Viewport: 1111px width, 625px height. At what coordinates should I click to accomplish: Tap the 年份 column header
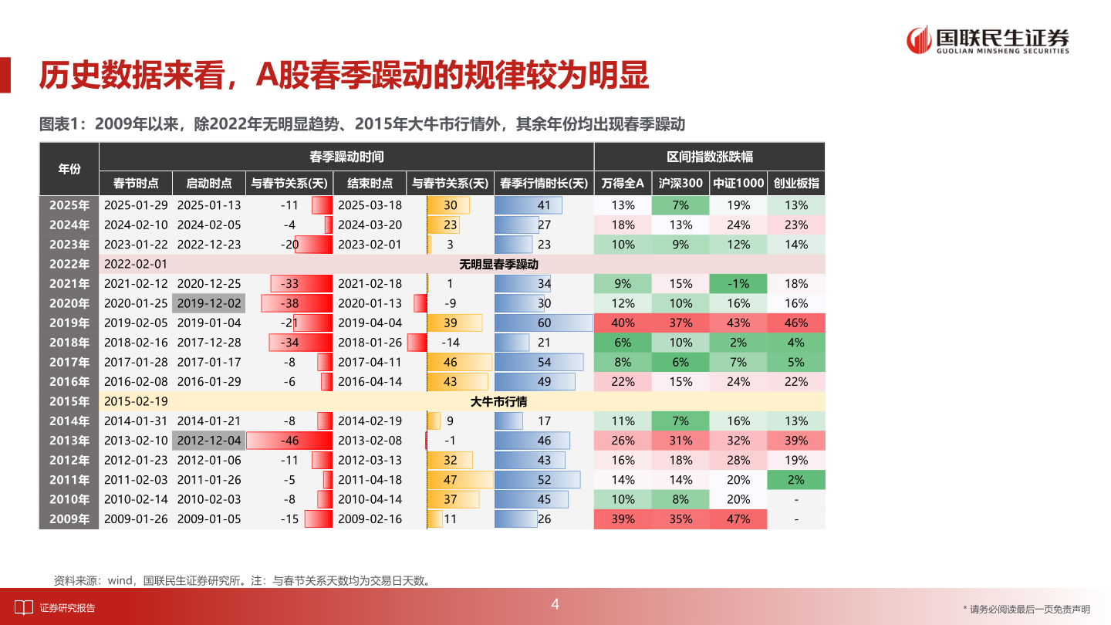[69, 169]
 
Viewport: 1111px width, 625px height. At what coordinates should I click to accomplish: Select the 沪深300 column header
[680, 184]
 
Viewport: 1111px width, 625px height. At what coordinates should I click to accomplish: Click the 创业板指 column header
[796, 184]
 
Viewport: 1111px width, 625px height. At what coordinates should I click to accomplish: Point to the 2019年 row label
[69, 323]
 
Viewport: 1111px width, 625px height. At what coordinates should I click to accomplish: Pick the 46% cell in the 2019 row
[796, 323]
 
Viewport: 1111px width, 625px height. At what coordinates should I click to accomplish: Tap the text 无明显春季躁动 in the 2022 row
[498, 264]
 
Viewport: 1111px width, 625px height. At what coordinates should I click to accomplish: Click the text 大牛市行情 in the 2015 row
[498, 401]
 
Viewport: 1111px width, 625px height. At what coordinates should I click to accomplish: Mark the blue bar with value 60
[543, 323]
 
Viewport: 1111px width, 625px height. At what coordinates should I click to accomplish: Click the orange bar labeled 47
[460, 480]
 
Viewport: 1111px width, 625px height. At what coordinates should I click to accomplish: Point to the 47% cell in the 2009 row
[738, 519]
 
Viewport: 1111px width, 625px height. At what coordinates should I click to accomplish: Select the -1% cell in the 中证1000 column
[738, 283]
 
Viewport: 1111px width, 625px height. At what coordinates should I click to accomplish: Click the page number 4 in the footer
[555, 605]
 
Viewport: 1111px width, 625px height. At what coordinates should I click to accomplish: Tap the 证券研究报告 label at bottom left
[67, 608]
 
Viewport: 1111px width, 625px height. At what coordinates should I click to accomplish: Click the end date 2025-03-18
[370, 205]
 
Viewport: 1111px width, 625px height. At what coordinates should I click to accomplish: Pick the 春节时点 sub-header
[136, 184]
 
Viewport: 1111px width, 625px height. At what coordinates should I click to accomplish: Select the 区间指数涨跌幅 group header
[709, 157]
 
